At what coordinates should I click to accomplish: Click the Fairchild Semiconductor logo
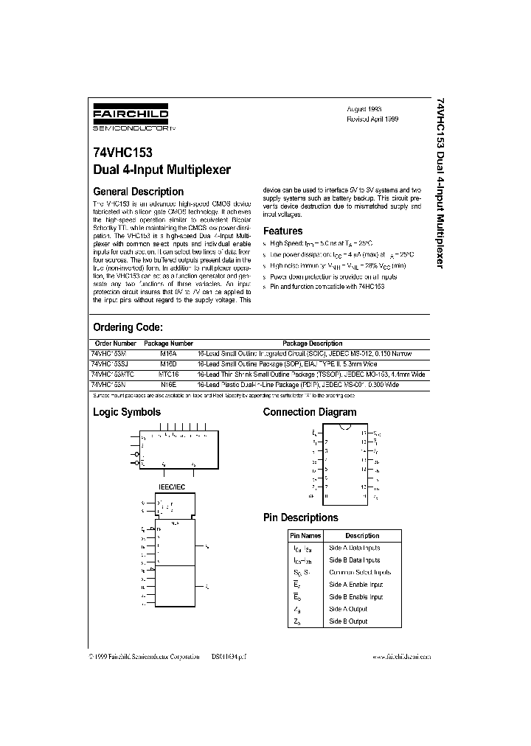click(x=131, y=118)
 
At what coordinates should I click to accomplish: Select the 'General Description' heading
click(x=138, y=192)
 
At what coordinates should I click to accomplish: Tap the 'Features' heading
click(x=283, y=231)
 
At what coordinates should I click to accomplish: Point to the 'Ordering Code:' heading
click(x=127, y=327)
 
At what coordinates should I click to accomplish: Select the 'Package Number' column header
click(x=168, y=344)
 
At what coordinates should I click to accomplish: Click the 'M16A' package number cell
click(x=168, y=354)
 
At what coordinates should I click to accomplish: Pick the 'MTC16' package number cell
click(x=169, y=374)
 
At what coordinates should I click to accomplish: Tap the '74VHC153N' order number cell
click(x=108, y=385)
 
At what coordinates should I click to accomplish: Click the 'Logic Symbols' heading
click(x=126, y=412)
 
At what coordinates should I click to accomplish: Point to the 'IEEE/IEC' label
click(x=174, y=488)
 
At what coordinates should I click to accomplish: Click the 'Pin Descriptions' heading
click(x=300, y=517)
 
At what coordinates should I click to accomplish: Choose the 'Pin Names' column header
click(x=305, y=536)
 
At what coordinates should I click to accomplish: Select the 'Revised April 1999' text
click(x=372, y=119)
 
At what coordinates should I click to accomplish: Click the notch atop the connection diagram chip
click(x=345, y=428)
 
